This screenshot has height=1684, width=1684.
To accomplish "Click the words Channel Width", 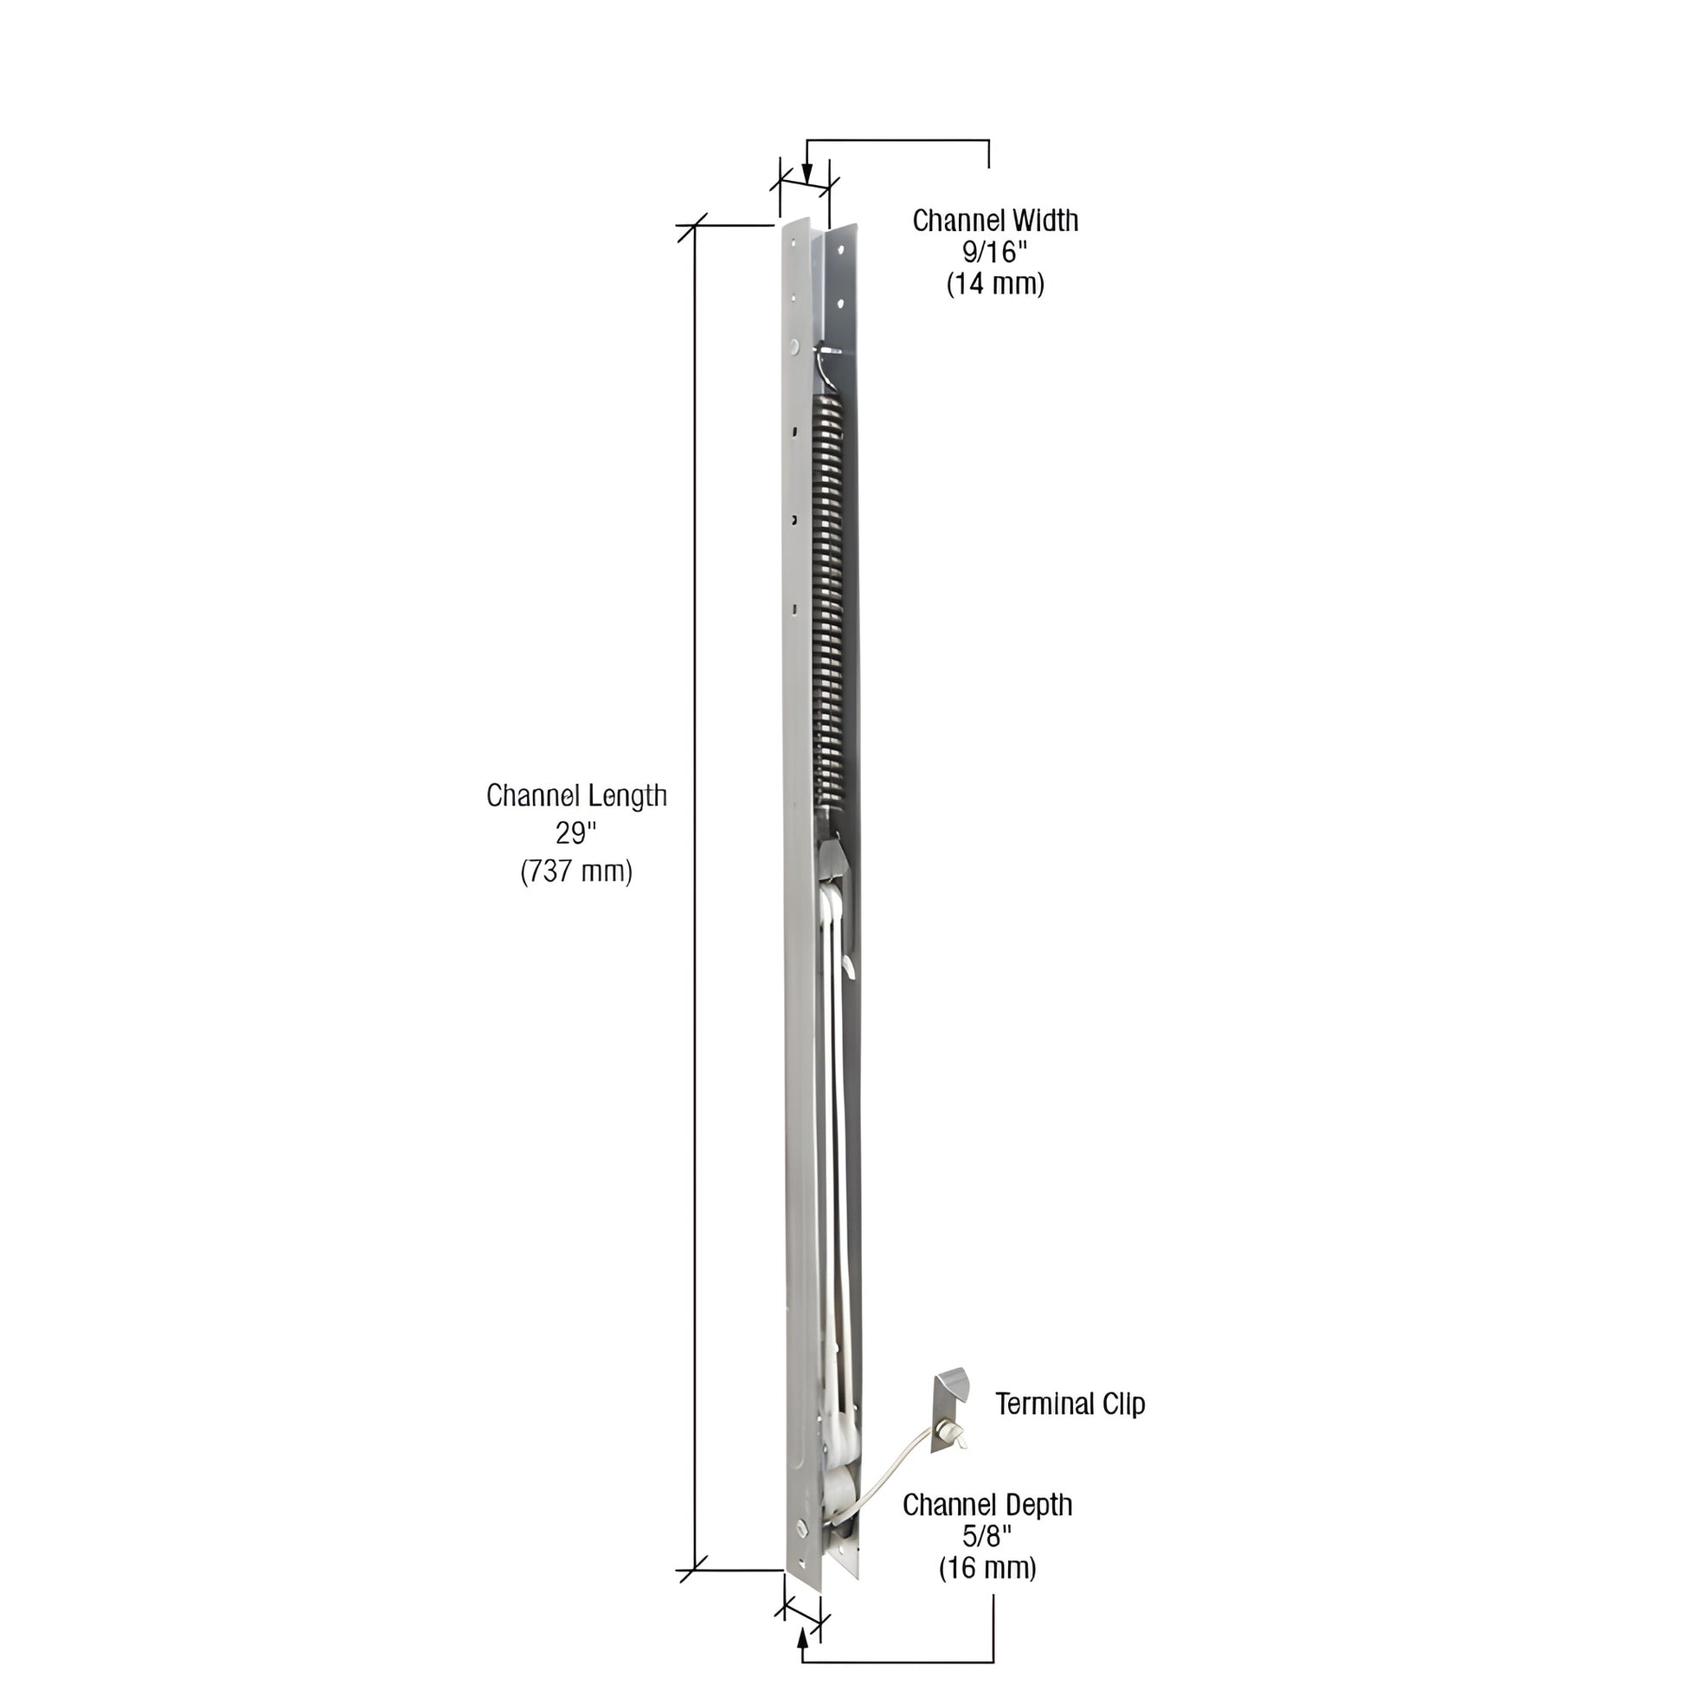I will pos(994,221).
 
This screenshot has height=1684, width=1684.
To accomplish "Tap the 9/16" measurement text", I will pos(994,253).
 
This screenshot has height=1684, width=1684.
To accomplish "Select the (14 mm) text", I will pos(994,285).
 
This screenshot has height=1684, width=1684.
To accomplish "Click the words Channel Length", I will pos(576,796).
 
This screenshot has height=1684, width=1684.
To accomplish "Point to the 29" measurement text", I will pos(575,833).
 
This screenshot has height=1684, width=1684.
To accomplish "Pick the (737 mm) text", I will pos(576,871).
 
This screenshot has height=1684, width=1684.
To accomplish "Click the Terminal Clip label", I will pos(1070,1404).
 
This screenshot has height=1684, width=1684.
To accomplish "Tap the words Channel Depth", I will pos(987,1505).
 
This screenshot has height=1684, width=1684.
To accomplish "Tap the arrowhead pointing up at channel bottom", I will pos(802,1637).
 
